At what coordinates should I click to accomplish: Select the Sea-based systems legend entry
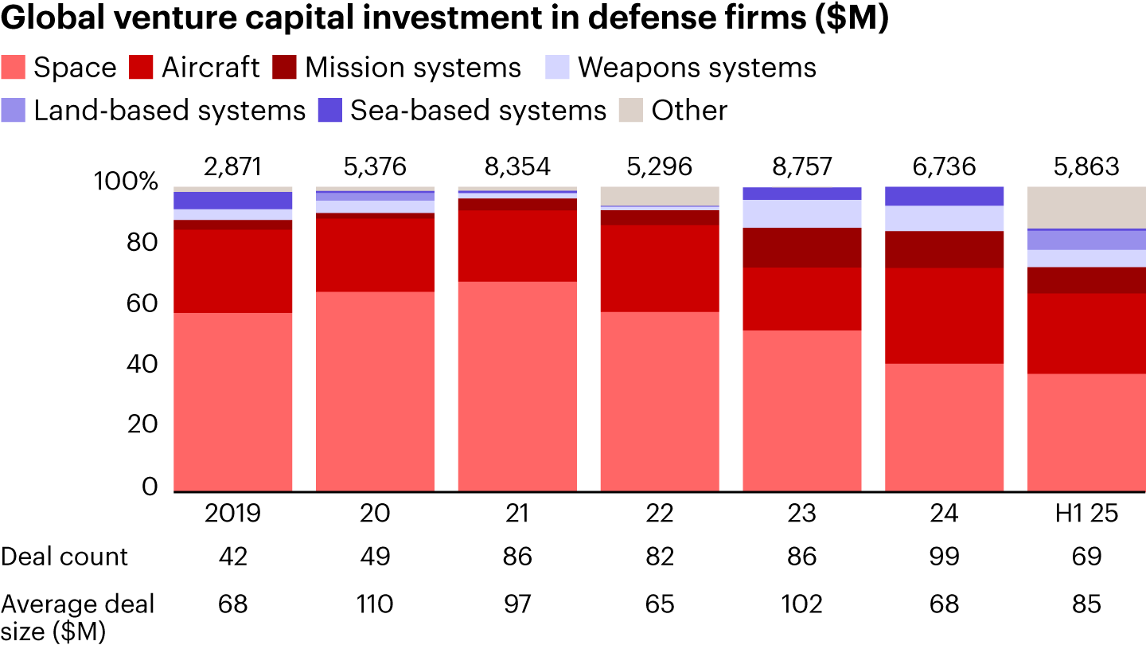[477, 110]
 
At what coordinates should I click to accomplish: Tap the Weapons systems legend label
[696, 68]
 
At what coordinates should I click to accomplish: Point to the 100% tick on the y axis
[127, 182]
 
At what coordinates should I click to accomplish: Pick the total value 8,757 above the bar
[801, 166]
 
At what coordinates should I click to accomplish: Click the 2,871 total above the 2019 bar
[232, 166]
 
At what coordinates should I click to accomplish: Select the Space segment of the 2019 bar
[232, 402]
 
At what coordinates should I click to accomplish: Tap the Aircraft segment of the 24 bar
[944, 315]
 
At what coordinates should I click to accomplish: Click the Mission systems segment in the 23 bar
[801, 248]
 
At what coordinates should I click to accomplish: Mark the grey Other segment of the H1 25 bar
[1086, 207]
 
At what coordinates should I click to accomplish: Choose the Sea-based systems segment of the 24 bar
[944, 196]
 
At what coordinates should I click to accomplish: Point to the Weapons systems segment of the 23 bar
[801, 213]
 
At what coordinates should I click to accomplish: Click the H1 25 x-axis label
[1086, 514]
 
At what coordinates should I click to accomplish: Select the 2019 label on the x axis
[232, 514]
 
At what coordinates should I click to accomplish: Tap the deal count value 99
[944, 556]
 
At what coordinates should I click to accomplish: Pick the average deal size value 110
[375, 604]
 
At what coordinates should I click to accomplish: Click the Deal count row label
[64, 556]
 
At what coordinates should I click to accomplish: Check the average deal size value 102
[801, 604]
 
